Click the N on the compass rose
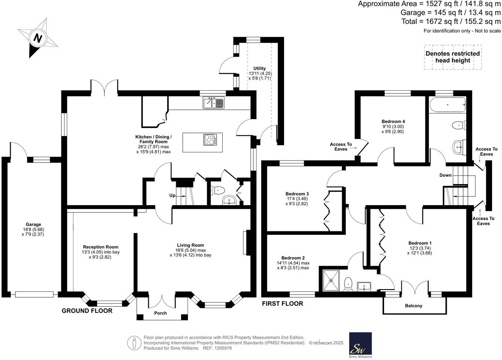point(38,38)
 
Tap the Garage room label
point(33,224)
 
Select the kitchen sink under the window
point(213,103)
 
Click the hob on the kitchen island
point(210,139)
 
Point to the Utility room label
point(260,68)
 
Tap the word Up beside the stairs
point(172,195)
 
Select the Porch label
point(161,313)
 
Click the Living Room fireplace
point(247,242)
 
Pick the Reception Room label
point(101,247)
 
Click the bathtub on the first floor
point(447,105)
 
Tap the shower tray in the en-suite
point(331,281)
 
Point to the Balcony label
point(414,305)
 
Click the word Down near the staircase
point(445,175)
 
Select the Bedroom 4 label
point(393,121)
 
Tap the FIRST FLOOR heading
point(283,303)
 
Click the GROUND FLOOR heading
point(87,311)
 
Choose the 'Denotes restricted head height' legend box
point(453,57)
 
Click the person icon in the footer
point(134,343)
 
